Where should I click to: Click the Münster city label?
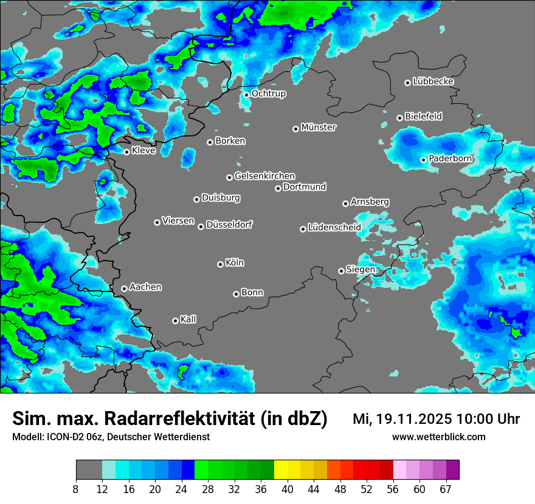(319, 128)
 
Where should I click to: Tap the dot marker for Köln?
(220, 264)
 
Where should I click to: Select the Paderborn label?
(450, 158)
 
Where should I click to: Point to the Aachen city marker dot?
(124, 288)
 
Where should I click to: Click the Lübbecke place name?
(433, 81)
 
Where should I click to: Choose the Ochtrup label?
(268, 94)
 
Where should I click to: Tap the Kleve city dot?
(126, 152)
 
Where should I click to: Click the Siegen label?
(361, 270)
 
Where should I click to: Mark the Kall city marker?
(175, 321)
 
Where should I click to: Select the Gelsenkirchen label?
(264, 176)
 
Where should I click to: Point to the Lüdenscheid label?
(334, 228)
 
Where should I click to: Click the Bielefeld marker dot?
(399, 118)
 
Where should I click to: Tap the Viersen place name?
(178, 221)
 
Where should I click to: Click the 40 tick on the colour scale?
(288, 489)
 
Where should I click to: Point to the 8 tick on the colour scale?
(76, 489)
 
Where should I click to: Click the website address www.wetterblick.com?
(438, 437)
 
